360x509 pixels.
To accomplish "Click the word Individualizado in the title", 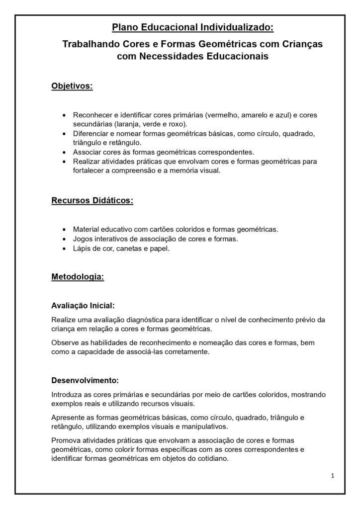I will [x=237, y=27].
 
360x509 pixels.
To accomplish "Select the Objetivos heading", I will [x=72, y=86].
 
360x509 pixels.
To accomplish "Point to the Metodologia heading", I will [x=78, y=277].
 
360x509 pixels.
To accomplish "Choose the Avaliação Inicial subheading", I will [x=83, y=305].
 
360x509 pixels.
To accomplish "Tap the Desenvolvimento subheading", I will [x=85, y=381].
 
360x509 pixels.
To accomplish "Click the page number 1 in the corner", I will [x=333, y=476].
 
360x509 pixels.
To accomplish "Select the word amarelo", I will [x=256, y=115].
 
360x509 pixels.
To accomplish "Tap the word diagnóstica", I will [x=140, y=319].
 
